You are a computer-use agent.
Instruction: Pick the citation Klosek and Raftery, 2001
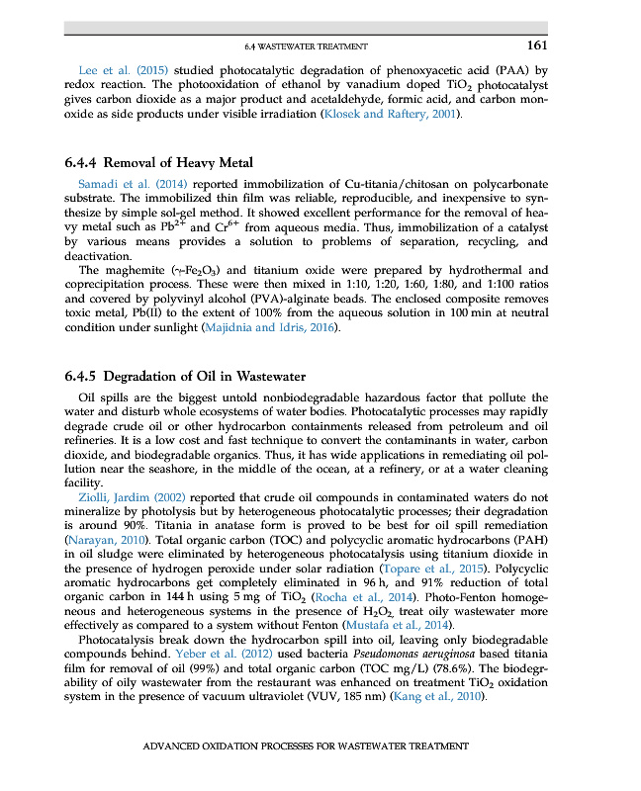[392, 115]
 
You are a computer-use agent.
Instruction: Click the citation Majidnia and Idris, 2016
[271, 327]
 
